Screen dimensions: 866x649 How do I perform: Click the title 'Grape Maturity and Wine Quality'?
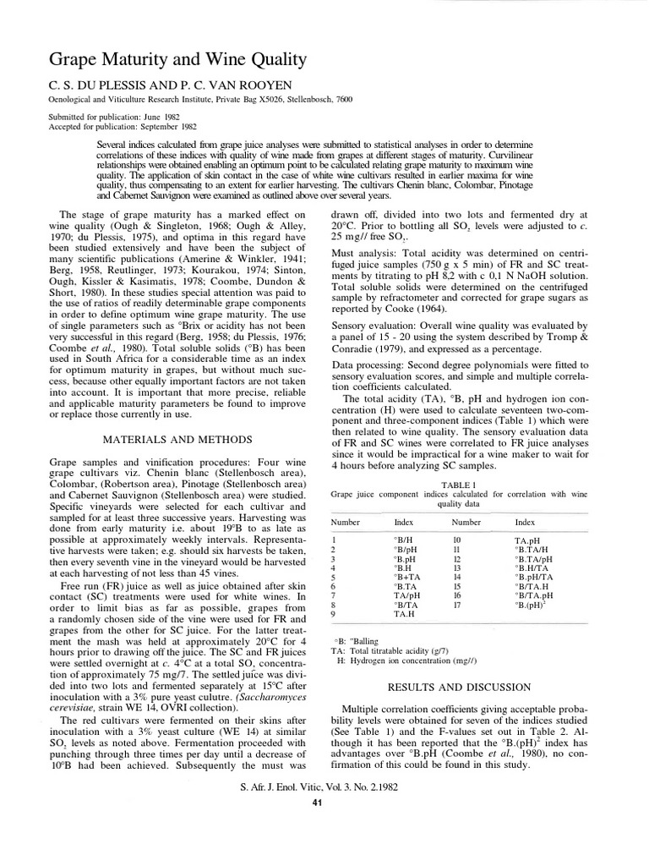tap(164, 60)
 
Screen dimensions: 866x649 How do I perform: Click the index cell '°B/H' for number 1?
tap(404, 539)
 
